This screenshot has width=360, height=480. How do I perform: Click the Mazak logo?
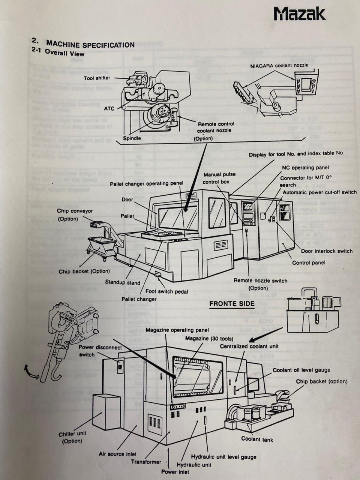click(x=299, y=14)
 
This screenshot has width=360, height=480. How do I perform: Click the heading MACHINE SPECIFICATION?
click(x=90, y=44)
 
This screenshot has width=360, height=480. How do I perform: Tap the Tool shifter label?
click(x=97, y=78)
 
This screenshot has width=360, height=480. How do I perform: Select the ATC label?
click(x=109, y=108)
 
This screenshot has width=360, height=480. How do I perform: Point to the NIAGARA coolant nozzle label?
click(x=279, y=65)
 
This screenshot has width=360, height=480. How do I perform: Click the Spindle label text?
click(x=132, y=138)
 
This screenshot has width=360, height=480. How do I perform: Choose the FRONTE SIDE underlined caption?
click(x=232, y=303)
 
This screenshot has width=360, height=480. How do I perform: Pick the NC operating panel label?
click(x=305, y=167)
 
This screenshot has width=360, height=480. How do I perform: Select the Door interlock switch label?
click(x=327, y=251)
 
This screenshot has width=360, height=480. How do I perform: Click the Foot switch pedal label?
click(x=167, y=291)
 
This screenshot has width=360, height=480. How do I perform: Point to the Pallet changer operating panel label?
click(x=147, y=184)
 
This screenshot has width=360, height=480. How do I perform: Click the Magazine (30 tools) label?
click(x=209, y=339)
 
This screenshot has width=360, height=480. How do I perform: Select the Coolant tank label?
click(x=257, y=439)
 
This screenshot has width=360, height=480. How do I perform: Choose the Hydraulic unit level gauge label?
click(x=223, y=457)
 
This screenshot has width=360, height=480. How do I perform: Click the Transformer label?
click(x=146, y=462)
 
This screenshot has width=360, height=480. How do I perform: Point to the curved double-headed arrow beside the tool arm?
click(x=31, y=373)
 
